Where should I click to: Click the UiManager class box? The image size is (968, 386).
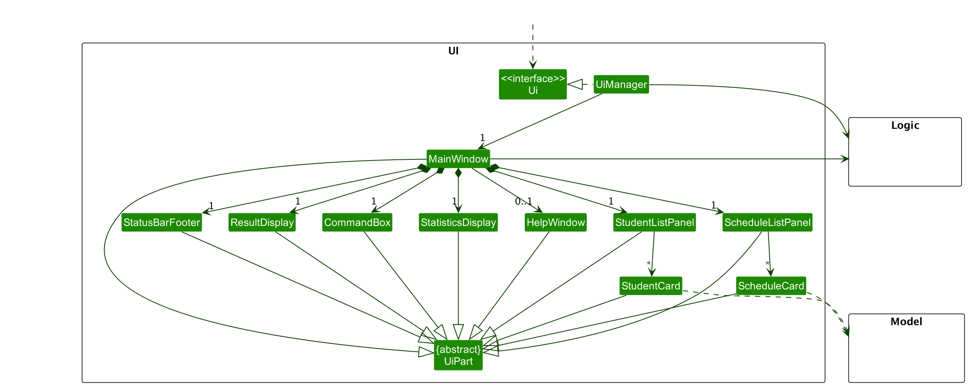(621, 85)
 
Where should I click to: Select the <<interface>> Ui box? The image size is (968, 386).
(532, 84)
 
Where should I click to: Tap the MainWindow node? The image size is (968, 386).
(458, 159)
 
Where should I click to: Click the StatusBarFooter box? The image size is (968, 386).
(162, 223)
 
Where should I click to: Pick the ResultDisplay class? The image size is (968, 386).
(262, 223)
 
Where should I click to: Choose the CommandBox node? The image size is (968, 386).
(357, 223)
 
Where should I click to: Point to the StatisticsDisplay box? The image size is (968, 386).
(458, 223)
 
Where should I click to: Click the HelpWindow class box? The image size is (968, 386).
(556, 223)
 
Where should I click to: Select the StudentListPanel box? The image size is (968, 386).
(654, 223)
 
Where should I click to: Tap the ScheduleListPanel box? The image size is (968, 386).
(767, 223)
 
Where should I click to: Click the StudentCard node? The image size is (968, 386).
(650, 286)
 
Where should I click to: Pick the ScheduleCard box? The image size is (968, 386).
(771, 286)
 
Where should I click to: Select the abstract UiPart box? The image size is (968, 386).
(458, 355)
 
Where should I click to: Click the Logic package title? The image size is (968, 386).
(905, 125)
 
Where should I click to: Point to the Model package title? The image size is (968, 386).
(906, 322)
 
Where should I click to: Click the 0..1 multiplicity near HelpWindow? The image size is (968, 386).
(523, 202)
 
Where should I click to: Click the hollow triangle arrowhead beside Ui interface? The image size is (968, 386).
(575, 84)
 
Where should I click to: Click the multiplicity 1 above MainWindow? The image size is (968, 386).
(482, 138)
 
